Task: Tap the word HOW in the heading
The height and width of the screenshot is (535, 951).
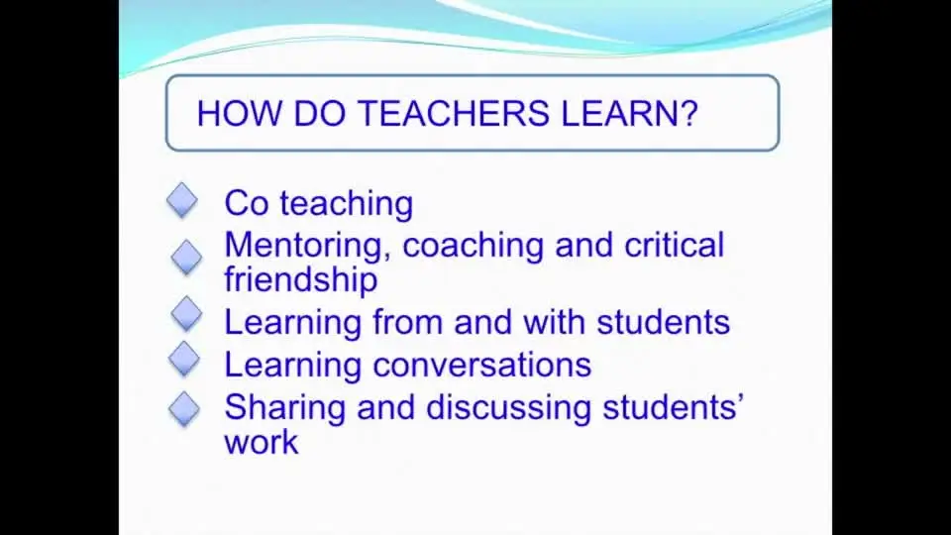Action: coord(240,113)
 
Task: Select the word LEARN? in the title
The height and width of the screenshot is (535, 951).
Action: coord(630,113)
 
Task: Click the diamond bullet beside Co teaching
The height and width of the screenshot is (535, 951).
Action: coord(182,201)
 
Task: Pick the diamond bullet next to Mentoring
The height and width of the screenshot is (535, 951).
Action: coord(186,258)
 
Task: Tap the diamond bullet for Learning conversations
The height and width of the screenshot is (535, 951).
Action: coord(184,359)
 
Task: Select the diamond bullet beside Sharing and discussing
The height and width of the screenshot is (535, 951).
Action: coord(184,409)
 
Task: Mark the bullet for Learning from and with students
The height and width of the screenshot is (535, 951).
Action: coord(186,314)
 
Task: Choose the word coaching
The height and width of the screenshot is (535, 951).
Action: coord(474,247)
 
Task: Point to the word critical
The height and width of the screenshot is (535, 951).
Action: coord(675,245)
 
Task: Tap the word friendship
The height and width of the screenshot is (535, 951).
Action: coord(301,280)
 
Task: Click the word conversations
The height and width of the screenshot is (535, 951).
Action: coord(482,366)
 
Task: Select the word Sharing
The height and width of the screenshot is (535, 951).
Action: coord(285,408)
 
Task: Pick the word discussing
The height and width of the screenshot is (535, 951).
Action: coord(509,407)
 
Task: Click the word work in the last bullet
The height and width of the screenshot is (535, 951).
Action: coord(262,442)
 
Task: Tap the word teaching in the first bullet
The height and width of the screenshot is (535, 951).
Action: coord(347,204)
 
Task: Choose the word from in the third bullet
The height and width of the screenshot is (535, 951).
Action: coord(407,321)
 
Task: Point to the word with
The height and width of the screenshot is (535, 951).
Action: coord(555,321)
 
